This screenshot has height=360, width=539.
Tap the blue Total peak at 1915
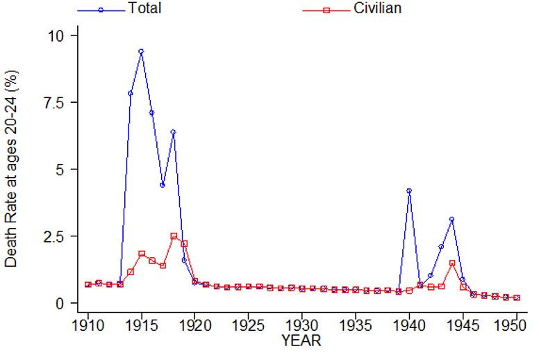click(141, 51)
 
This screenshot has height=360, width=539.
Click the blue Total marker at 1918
click(174, 132)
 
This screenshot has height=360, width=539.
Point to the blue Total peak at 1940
click(409, 190)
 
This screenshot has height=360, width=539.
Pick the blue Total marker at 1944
click(452, 220)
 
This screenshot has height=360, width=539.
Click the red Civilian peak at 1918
click(174, 236)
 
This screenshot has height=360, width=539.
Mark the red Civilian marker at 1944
click(452, 263)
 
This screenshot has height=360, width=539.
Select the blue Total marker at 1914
click(131, 93)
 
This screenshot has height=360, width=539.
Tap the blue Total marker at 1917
click(163, 185)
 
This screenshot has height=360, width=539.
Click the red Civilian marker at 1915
click(141, 254)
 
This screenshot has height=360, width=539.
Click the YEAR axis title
click(301, 341)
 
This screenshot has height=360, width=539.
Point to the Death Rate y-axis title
click(12, 168)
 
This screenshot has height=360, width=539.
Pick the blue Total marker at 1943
click(441, 247)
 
